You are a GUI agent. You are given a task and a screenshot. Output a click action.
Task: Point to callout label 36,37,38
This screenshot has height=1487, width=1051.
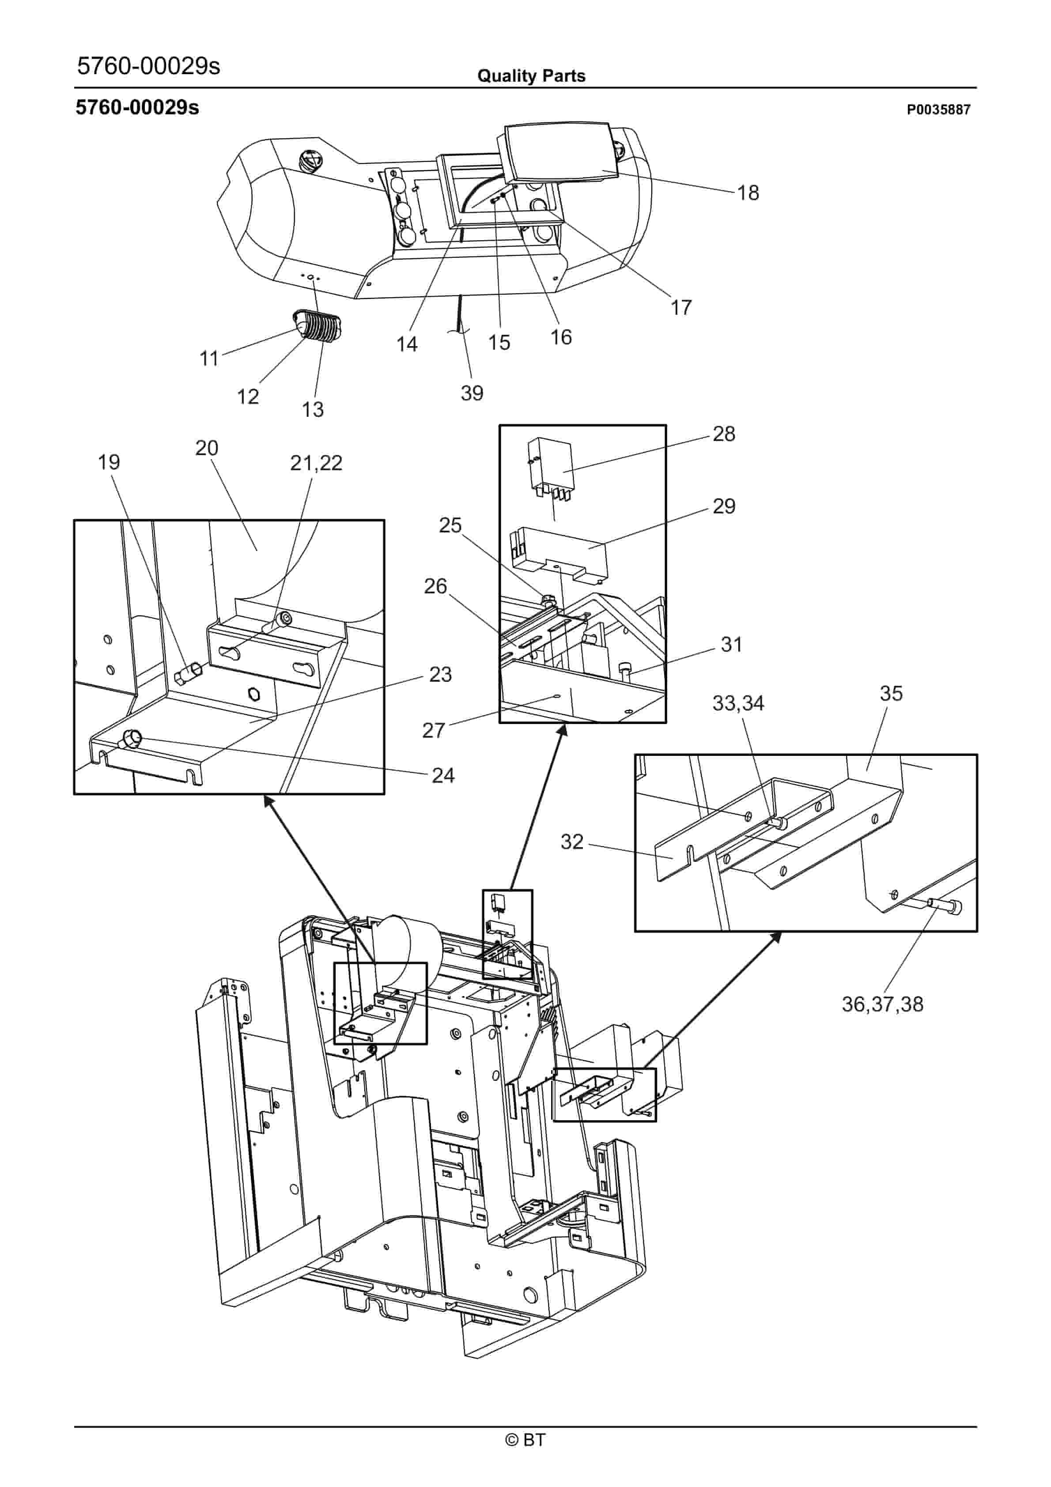[882, 1004]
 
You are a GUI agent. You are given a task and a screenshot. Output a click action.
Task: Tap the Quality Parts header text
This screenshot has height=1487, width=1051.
[531, 76]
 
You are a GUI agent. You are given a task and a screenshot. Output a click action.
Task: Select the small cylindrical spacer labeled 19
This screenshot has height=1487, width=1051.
[189, 674]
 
